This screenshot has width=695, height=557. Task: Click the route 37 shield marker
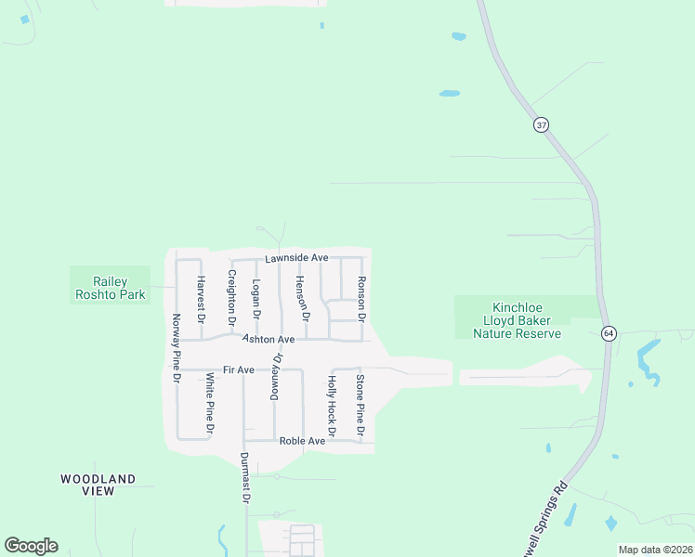point(541,124)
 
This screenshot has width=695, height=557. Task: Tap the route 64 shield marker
point(608,333)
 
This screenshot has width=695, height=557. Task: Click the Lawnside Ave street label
point(296,257)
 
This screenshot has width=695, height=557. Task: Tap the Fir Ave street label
point(239,370)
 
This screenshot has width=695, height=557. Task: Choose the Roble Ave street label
point(302,441)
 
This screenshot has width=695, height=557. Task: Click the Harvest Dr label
point(200,298)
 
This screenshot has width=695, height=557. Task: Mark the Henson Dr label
point(301,293)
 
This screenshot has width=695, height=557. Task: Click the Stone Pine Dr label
point(360,405)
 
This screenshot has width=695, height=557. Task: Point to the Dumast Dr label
point(245,477)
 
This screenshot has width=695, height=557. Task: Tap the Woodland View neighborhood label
point(98,486)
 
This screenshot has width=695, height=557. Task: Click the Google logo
point(31,546)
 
